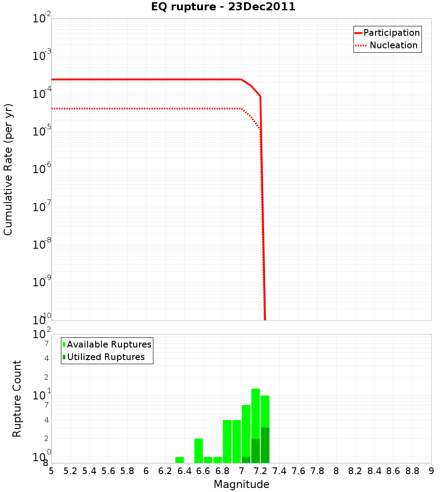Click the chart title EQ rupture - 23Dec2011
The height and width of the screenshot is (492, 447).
pos(223,7)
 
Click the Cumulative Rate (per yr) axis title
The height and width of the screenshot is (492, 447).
pos(8,169)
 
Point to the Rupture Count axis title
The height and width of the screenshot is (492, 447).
pos(17,399)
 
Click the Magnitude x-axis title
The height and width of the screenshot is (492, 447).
pos(241,484)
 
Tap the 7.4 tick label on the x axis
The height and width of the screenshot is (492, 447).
pos(279,471)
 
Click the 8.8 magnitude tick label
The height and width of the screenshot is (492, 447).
pos(412,471)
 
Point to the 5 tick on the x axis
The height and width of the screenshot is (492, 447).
pos(51,471)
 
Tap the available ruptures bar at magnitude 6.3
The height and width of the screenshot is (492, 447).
pos(180,460)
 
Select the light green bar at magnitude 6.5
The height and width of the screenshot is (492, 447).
pos(198,450)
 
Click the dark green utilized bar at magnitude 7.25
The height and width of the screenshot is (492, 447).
pos(265,445)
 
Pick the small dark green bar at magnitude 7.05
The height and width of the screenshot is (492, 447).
pos(246,460)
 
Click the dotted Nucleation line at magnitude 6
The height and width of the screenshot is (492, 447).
pos(146,109)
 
